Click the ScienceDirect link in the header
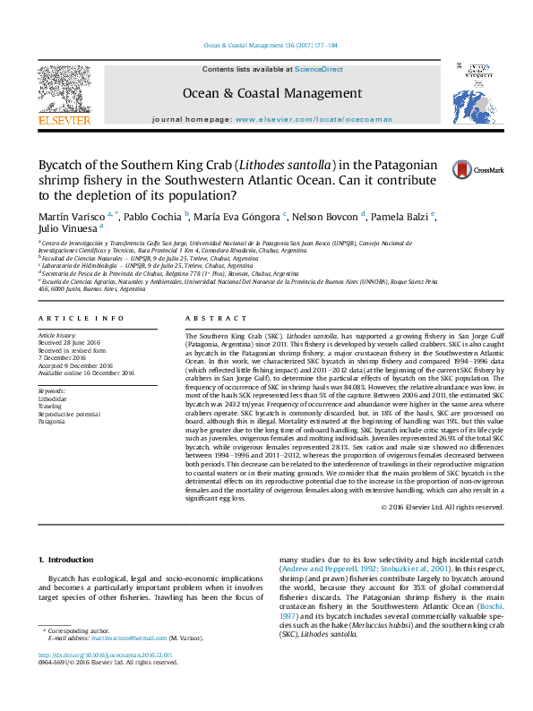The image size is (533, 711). pyautogui.click(x=320, y=69)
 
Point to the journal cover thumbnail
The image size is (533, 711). pyautogui.click(x=469, y=93)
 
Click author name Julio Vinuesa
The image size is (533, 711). pyautogui.click(x=67, y=229)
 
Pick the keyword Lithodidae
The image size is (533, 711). pyautogui.click(x=52, y=398)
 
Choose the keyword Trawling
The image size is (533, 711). pyautogui.click(x=49, y=406)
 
